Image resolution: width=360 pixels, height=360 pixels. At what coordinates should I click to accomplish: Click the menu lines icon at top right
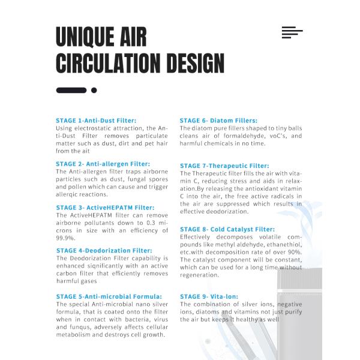[292, 32]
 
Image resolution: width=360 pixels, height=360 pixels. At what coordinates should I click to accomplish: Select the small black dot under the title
[94, 91]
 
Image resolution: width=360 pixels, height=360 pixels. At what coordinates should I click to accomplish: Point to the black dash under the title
[71, 91]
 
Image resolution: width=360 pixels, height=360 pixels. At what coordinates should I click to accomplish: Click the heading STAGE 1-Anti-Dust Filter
[96, 121]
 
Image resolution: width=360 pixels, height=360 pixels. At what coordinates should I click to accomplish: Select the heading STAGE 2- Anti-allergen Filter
[103, 164]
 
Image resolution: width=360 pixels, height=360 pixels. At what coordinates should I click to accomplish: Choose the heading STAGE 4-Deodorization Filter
[104, 251]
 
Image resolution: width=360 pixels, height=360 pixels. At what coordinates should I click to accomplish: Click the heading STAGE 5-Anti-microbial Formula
[109, 296]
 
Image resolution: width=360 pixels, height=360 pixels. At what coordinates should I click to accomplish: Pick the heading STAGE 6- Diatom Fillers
[218, 121]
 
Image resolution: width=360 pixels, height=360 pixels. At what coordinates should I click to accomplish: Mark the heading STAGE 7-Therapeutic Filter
[224, 166]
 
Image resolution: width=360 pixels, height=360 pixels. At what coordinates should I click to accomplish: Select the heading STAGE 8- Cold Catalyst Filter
[227, 229]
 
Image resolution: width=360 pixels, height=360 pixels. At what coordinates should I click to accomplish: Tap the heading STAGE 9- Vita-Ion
[209, 296]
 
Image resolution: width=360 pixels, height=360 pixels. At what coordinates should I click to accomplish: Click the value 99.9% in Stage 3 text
[65, 238]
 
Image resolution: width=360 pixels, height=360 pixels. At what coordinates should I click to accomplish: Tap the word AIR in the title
[130, 37]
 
